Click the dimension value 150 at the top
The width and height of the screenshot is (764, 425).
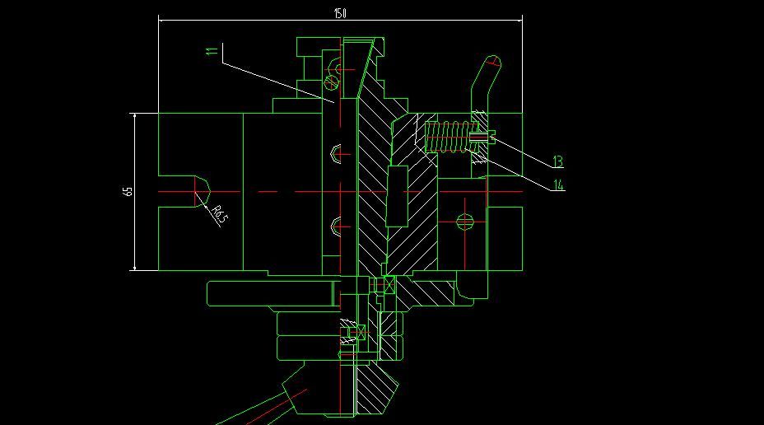pyautogui.click(x=339, y=13)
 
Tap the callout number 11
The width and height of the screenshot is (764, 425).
pyautogui.click(x=212, y=52)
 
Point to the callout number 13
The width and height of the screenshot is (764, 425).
pyautogui.click(x=557, y=161)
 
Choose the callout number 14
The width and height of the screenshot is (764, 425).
pyautogui.click(x=558, y=185)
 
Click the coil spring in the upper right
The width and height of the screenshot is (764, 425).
pyautogui.click(x=447, y=136)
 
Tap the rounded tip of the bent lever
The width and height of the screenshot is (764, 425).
pyautogui.click(x=493, y=61)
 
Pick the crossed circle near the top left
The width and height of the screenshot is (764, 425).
pyautogui.click(x=332, y=82)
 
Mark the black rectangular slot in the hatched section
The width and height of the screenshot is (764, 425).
pyautogui.click(x=397, y=195)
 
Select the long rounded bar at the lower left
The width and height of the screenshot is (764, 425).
pyautogui.click(x=272, y=293)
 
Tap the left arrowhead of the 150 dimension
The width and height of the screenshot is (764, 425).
pyautogui.click(x=161, y=20)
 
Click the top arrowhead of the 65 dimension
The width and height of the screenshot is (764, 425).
pyautogui.click(x=134, y=116)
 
